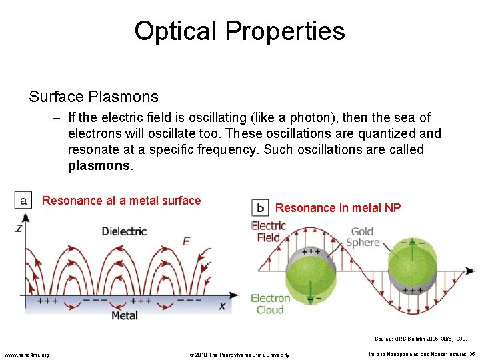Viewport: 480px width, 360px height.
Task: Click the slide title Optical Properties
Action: click(x=239, y=31)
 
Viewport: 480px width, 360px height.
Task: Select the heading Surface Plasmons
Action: click(x=93, y=97)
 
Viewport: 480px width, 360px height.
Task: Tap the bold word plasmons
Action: click(x=99, y=165)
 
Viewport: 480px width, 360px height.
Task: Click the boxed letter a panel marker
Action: click(x=23, y=200)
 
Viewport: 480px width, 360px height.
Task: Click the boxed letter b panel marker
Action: click(x=259, y=207)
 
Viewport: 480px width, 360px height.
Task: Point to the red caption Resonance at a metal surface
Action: click(x=121, y=201)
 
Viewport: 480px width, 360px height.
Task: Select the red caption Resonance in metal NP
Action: click(x=338, y=208)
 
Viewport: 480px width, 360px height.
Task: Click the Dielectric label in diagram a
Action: click(x=124, y=231)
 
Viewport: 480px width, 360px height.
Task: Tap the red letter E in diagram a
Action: click(x=186, y=241)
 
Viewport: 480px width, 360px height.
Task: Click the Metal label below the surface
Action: click(x=124, y=315)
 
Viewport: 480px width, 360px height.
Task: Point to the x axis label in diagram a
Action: click(x=222, y=306)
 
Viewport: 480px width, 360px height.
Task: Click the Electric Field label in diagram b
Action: click(x=268, y=231)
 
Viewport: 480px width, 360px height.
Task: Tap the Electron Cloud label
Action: click(x=270, y=303)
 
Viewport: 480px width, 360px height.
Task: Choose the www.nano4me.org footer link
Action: click(x=26, y=354)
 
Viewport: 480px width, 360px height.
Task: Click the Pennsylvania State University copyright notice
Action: click(x=237, y=354)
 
